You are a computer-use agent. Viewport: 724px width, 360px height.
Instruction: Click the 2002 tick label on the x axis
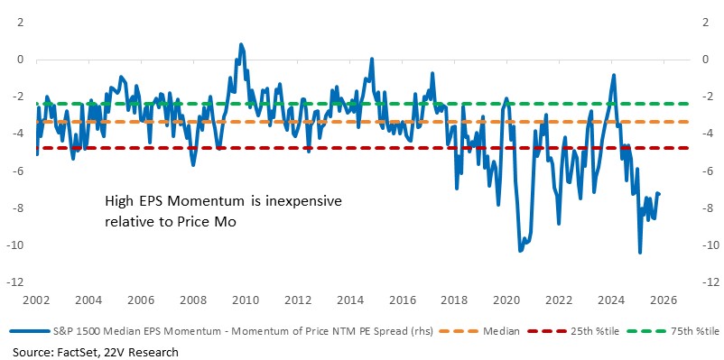[36, 299]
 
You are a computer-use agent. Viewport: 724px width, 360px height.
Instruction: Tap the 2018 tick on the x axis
[455, 299]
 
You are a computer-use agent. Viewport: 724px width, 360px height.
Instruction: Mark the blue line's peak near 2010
[240, 43]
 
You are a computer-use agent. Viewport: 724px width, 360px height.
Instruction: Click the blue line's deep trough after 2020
[520, 250]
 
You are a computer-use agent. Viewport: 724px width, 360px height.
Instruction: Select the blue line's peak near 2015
[370, 59]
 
